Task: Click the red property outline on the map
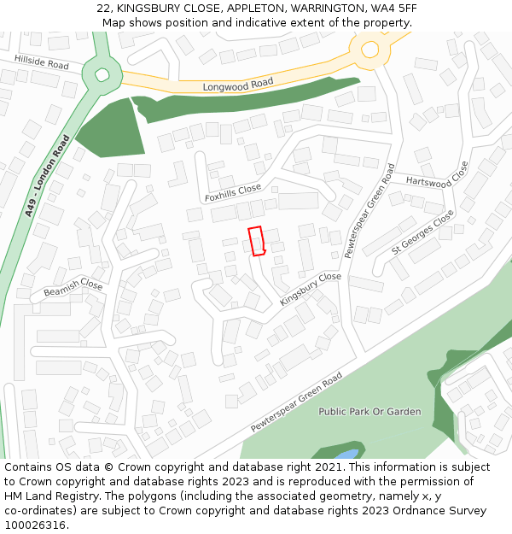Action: [256, 241]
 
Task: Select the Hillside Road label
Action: [41, 62]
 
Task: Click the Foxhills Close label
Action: [233, 193]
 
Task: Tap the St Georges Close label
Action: [422, 232]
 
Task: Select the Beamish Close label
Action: [73, 288]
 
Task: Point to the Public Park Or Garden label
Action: [369, 412]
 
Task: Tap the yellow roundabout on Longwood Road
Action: [369, 50]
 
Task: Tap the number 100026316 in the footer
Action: [35, 525]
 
